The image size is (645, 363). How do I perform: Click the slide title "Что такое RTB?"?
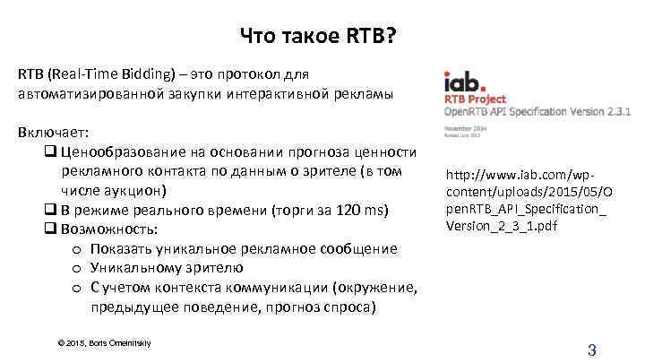pos(321,37)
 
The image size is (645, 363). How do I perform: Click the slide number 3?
pos(591,350)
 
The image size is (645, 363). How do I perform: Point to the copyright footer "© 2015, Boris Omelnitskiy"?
pos(103,342)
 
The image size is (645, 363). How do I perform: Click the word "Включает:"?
pos(48,132)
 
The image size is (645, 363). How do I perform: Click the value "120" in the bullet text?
pos(344,210)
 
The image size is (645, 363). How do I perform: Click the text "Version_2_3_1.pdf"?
pos(501,225)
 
